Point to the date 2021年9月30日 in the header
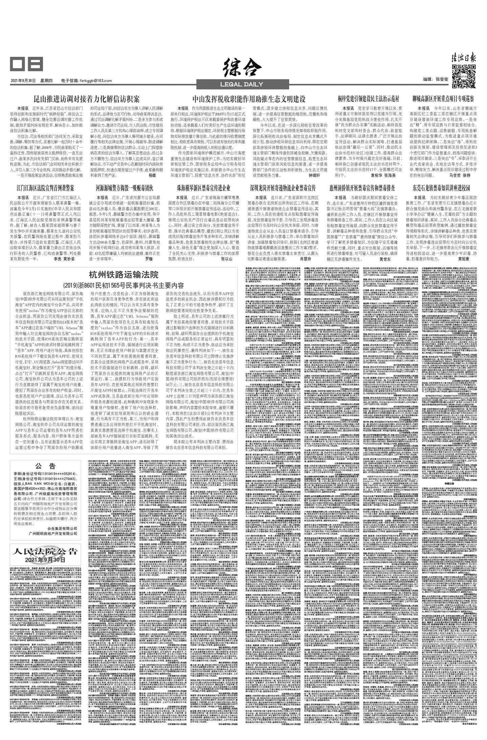23,81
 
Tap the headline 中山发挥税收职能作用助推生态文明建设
249,99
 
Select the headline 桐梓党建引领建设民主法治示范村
368,99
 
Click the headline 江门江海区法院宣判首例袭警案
45,187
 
